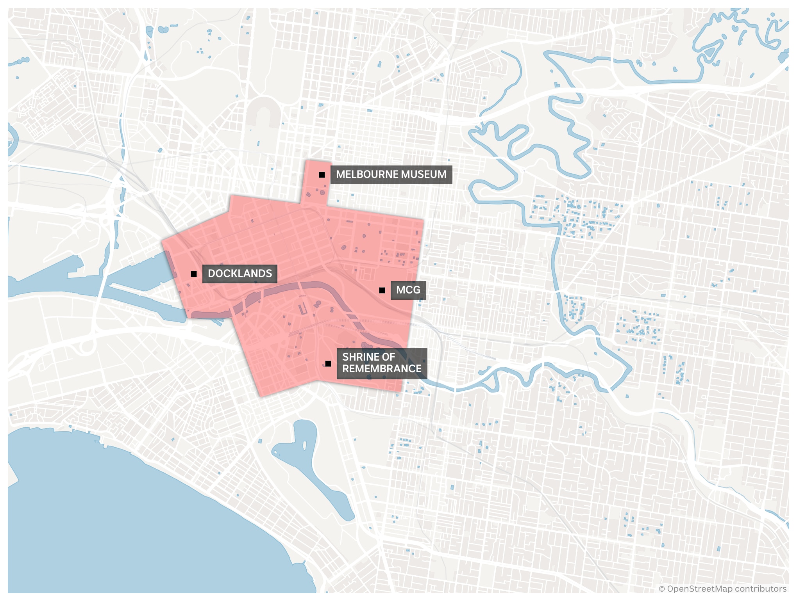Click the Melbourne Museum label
391,174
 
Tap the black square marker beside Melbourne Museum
322,175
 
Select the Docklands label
239,274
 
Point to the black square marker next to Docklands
194,274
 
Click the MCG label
408,290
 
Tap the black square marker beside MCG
382,290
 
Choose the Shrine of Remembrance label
382,363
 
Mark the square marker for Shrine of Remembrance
328,364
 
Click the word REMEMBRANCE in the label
382,369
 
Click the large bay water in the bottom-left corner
117,527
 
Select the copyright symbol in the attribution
662,589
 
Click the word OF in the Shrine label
388,357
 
